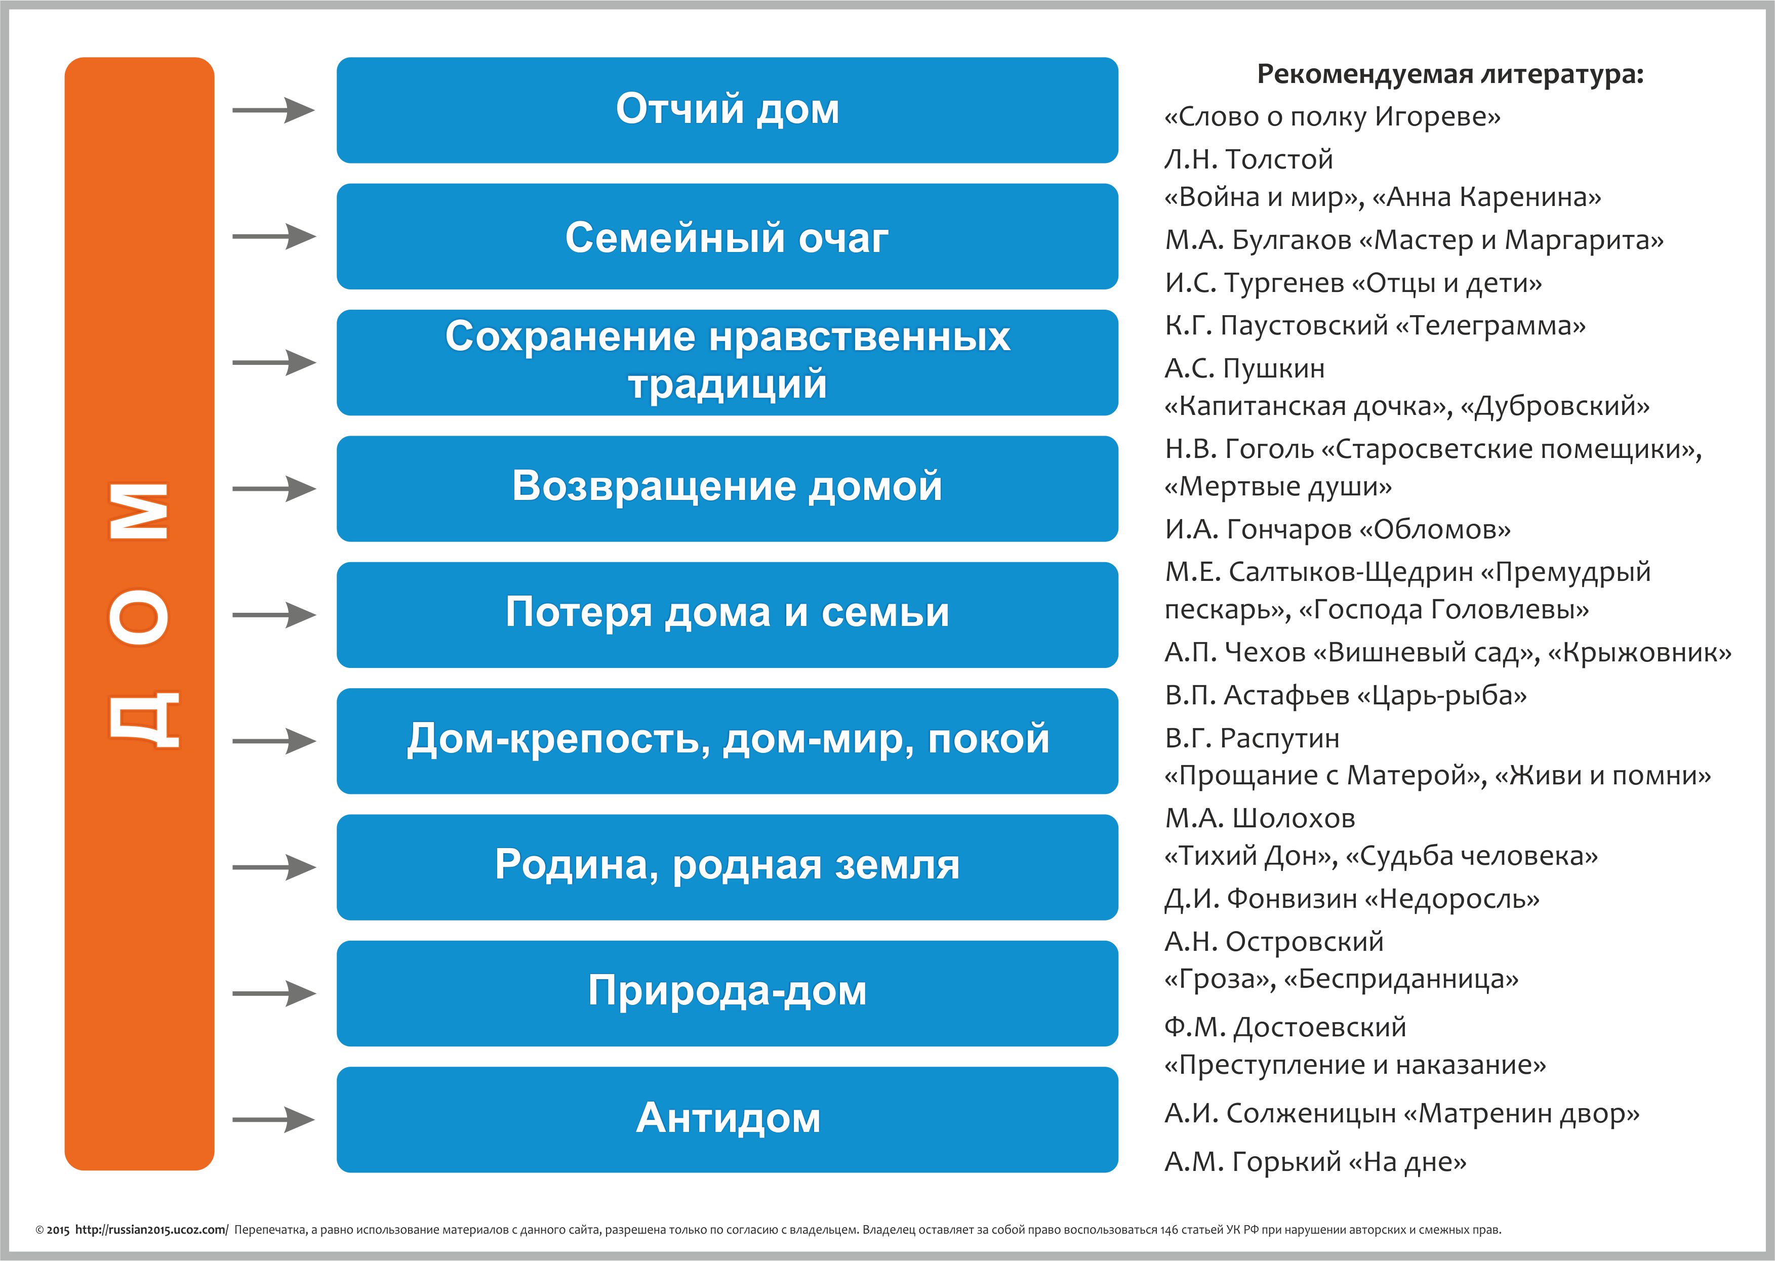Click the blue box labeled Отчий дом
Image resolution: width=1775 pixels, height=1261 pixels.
[727, 110]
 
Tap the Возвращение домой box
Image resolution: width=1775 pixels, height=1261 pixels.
[727, 488]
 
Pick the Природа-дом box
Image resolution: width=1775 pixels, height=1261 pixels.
[727, 993]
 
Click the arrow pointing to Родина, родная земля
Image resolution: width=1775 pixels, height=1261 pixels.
[274, 867]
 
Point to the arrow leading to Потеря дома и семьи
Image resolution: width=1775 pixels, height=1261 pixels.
[274, 615]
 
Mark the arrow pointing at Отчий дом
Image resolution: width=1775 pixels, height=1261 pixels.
[274, 110]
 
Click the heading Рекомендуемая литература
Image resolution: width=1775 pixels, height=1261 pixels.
[1450, 74]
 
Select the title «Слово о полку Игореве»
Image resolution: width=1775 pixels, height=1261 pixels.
[1332, 117]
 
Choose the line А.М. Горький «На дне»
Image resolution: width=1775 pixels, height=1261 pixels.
[1315, 1162]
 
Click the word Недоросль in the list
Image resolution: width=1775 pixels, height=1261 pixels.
[1451, 899]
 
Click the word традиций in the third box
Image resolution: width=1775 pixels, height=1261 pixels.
[727, 385]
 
